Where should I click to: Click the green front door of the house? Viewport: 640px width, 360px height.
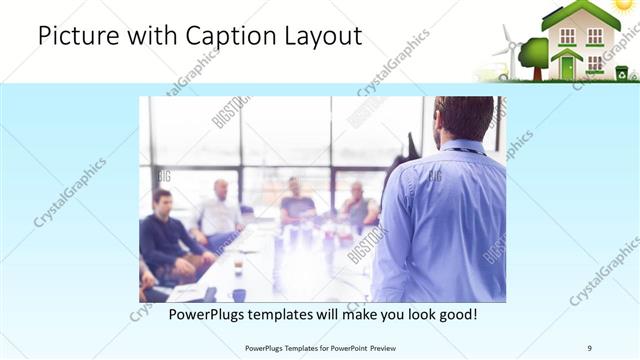tap(568, 68)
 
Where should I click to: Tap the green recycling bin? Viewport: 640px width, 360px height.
tap(621, 72)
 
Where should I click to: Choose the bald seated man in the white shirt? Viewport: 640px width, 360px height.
tap(219, 210)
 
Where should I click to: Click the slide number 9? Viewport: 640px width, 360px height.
tap(589, 347)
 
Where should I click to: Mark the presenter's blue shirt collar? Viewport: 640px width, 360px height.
tap(462, 148)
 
